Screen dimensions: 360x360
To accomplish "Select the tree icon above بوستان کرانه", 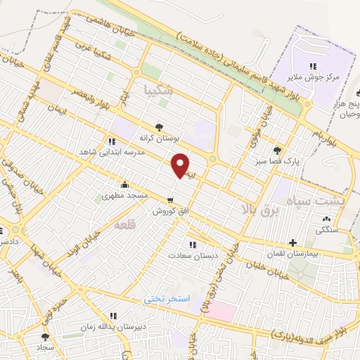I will click(x=162, y=127).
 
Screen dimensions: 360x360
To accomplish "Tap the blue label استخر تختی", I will click(x=167, y=299).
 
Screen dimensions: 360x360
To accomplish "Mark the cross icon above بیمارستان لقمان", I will click(x=292, y=242).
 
